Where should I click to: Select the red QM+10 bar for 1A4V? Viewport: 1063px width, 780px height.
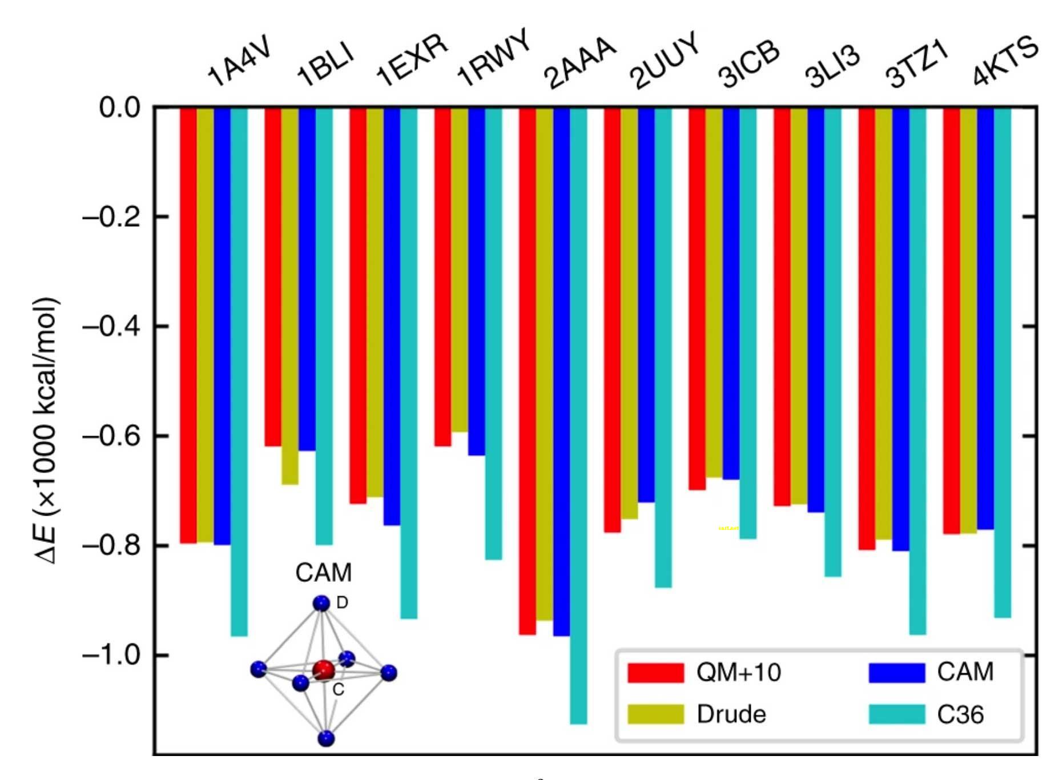click(x=188, y=325)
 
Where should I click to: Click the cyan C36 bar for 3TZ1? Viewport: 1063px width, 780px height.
click(x=917, y=371)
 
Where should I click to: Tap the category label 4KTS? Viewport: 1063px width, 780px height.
click(x=1005, y=60)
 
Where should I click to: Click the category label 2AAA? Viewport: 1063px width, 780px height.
click(x=579, y=63)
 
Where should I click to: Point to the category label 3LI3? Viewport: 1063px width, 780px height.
click(x=832, y=67)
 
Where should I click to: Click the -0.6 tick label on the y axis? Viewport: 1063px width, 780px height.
click(x=111, y=436)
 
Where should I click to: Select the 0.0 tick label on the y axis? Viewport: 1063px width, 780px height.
click(x=120, y=107)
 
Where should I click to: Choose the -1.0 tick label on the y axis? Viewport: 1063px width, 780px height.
click(x=111, y=655)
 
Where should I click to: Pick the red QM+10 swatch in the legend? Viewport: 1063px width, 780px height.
click(x=655, y=673)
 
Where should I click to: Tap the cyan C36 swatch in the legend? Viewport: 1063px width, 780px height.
click(x=896, y=714)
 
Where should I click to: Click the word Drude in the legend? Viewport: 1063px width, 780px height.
click(x=731, y=714)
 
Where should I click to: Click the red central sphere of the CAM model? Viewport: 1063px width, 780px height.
click(x=323, y=670)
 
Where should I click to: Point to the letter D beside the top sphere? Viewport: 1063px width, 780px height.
click(x=342, y=602)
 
